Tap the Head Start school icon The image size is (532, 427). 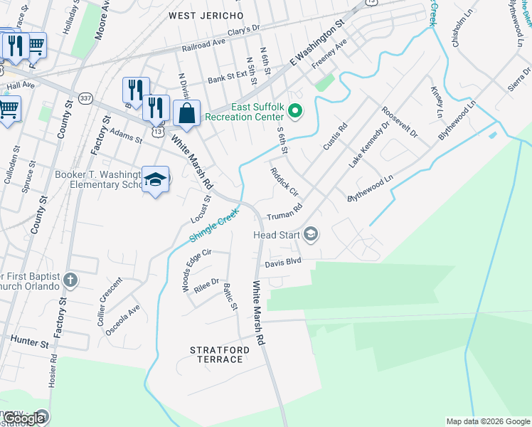tap(310, 233)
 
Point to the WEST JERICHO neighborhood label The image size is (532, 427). tap(206, 15)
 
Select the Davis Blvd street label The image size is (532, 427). tap(283, 262)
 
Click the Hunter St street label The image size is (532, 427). tap(29, 342)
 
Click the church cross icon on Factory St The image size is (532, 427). tap(70, 280)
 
